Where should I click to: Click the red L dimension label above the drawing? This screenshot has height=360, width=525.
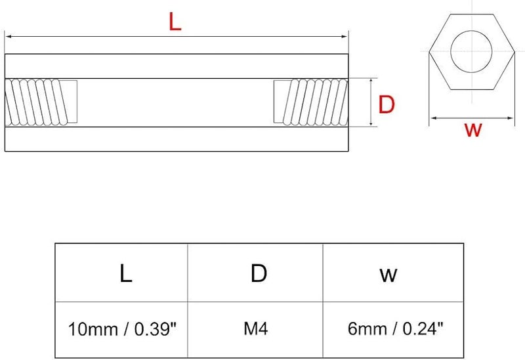tap(175, 23)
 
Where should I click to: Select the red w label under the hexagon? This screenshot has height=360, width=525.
tap(472, 129)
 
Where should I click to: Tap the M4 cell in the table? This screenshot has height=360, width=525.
tap(257, 326)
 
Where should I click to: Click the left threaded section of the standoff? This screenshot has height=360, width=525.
tap(41, 102)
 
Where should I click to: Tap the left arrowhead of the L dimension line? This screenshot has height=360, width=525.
tap(8, 37)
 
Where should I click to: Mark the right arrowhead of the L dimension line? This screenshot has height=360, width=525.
tap(346, 37)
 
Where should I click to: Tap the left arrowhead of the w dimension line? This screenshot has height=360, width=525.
tap(432, 119)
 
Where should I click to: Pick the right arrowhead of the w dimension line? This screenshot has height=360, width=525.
tap(513, 119)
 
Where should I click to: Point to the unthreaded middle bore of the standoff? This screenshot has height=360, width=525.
tap(175, 102)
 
